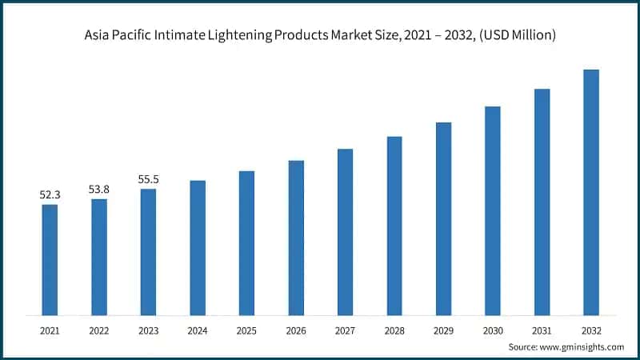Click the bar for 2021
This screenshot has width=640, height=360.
pos(50,259)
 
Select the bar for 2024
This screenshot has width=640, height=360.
pos(198,247)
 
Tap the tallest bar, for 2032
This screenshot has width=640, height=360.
pos(591,192)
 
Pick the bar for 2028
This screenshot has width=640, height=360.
pos(394,226)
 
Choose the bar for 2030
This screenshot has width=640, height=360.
pos(493,210)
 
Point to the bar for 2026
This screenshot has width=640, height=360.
pos(296,238)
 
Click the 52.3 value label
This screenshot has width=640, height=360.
pos(50,194)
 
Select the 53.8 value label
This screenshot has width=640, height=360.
pos(99,189)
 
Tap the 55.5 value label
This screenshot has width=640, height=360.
pos(148,179)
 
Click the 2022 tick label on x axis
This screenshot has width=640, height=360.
pos(99,329)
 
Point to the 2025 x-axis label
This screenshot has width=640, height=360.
pos(246,329)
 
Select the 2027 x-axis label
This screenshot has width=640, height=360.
pos(345,329)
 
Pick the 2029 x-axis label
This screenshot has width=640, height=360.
pos(443,329)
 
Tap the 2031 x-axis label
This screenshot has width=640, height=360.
pos(542,329)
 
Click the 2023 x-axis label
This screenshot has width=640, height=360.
pos(148,329)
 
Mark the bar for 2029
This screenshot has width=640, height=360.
pos(443,218)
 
